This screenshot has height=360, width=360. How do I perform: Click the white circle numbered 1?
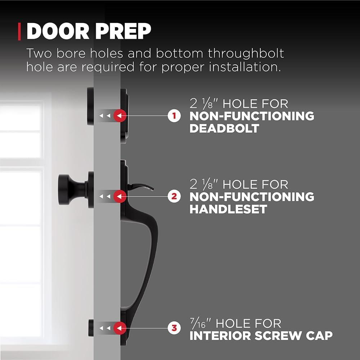[174, 116]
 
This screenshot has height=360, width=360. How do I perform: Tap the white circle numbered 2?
[174, 196]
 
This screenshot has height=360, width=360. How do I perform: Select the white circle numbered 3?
[174, 328]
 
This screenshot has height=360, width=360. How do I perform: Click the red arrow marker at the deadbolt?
[120, 116]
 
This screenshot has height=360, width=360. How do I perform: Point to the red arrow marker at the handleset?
[120, 196]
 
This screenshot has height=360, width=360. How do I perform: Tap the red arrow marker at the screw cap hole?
[120, 328]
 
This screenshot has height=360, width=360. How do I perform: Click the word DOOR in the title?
[58, 31]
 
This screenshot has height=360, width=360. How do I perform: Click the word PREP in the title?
[123, 31]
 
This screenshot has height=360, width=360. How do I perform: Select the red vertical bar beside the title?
[19, 31]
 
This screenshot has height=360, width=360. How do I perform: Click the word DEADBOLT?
[224, 128]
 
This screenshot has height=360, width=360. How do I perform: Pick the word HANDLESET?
[228, 209]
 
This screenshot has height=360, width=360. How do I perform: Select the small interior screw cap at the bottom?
[91, 328]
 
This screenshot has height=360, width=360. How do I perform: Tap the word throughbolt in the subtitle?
[246, 54]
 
